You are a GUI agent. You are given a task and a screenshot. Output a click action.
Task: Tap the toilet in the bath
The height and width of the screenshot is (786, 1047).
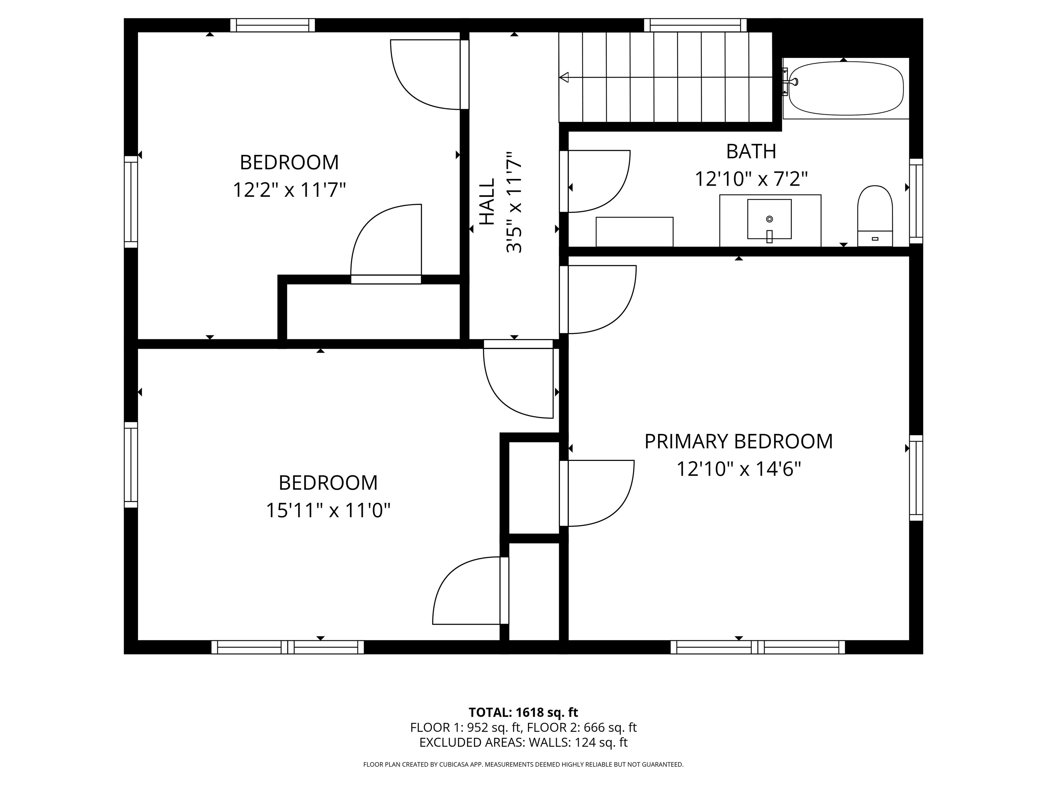coord(875,215)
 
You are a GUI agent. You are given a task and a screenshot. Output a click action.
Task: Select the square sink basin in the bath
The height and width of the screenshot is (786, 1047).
coord(769,219)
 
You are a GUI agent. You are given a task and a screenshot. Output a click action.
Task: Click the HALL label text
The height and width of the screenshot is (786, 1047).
coord(487,202)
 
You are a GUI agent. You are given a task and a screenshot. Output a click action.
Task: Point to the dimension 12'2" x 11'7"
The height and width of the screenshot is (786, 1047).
coord(289,190)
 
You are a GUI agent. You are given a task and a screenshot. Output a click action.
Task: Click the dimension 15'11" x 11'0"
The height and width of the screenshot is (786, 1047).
coord(328,511)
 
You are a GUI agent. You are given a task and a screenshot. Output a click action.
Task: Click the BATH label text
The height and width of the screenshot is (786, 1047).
coord(751,151)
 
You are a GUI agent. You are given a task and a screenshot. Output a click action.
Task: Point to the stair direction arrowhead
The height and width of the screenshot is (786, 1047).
coord(564,77)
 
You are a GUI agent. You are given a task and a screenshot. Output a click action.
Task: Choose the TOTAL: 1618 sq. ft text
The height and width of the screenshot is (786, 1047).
coord(523,712)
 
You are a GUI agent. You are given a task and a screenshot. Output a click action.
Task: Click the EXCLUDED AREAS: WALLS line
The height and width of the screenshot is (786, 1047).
coord(523,742)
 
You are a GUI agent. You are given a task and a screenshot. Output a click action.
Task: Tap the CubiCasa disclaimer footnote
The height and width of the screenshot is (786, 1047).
coord(523,764)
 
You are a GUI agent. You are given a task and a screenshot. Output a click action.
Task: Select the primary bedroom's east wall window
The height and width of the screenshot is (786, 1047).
coord(916,478)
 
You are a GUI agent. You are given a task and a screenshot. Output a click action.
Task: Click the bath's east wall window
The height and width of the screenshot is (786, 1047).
coord(916,201)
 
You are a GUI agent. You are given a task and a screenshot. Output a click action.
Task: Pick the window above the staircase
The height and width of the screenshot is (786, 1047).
coord(695,25)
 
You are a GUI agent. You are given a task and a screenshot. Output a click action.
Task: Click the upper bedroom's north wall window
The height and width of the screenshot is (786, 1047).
coord(273,25)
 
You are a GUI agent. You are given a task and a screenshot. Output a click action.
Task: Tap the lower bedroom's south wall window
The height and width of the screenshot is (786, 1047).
coord(287,647)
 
